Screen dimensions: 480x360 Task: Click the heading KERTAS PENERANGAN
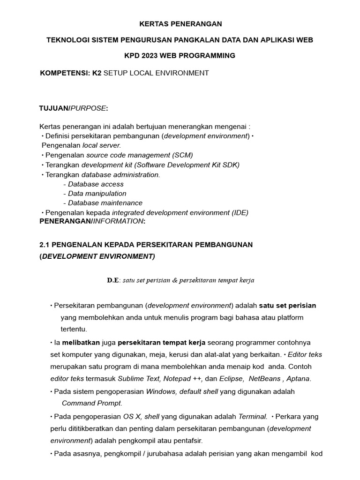[x=180, y=23]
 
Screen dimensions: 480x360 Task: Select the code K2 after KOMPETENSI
[x=97, y=73]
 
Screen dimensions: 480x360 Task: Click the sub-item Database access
[x=96, y=184]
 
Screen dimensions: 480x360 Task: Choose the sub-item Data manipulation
[x=97, y=194]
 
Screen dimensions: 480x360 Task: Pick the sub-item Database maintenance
[x=105, y=203]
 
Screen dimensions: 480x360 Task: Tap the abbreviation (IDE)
[x=240, y=212]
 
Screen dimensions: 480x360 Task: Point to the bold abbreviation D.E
[x=113, y=280]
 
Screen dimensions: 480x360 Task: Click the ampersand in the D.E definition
[x=168, y=280]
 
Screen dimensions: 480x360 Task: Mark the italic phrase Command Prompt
[x=92, y=403]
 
